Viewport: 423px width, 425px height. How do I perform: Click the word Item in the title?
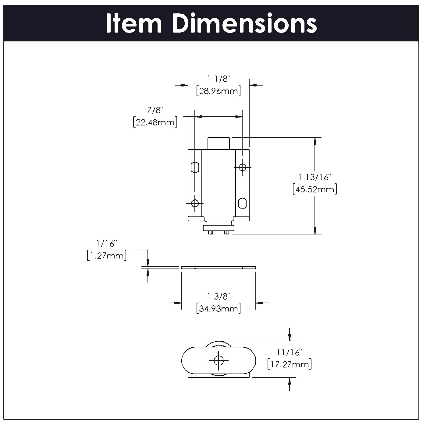click(x=134, y=24)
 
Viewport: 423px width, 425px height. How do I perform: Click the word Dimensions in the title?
click(x=246, y=24)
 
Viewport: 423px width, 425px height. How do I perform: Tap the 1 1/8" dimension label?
click(x=218, y=79)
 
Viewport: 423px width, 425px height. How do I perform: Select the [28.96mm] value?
click(x=219, y=91)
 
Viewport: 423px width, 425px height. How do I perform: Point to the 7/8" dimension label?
click(x=155, y=110)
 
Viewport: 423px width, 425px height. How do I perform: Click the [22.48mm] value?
click(x=155, y=122)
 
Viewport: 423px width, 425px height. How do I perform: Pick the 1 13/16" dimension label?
click(x=315, y=177)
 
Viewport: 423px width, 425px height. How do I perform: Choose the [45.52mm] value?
click(x=315, y=189)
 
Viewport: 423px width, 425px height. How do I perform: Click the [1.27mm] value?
click(x=107, y=255)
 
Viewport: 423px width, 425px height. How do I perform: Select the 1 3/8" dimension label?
click(x=218, y=296)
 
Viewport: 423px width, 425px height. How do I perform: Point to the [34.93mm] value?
click(x=219, y=309)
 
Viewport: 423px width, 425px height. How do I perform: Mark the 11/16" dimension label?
click(x=289, y=352)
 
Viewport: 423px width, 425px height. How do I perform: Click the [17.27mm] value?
click(x=289, y=364)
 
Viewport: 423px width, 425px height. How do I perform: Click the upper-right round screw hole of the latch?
click(x=242, y=167)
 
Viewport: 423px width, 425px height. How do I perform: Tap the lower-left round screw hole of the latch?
click(x=195, y=203)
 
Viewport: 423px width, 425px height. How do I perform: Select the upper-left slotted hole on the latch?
click(x=195, y=167)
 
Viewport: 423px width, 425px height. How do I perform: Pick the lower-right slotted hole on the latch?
click(x=242, y=203)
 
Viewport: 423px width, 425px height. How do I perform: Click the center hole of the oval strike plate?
click(x=218, y=360)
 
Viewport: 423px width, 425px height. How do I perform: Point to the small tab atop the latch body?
click(x=218, y=143)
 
